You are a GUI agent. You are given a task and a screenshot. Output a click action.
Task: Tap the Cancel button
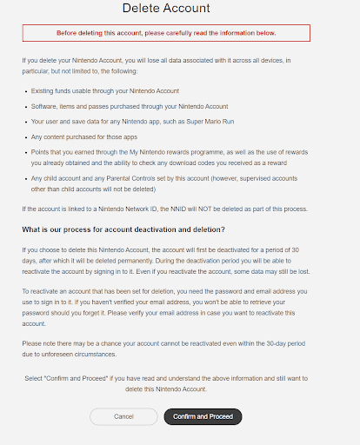click(x=123, y=416)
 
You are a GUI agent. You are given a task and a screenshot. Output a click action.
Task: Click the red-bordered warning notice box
click(x=165, y=33)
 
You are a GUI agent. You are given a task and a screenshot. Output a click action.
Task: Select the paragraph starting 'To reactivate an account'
click(x=165, y=305)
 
